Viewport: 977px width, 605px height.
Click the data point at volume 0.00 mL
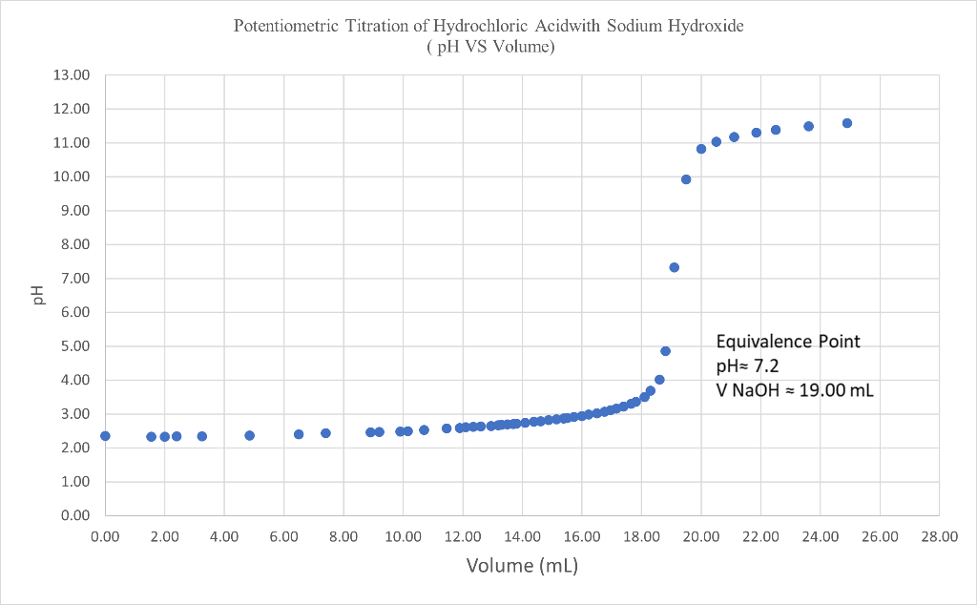pos(105,436)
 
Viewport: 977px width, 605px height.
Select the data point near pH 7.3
pos(674,267)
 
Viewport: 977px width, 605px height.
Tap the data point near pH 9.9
pos(686,179)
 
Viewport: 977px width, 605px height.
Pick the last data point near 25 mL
pos(847,123)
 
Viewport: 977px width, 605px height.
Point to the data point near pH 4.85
pos(665,351)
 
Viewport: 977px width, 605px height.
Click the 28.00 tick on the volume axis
pos(939,537)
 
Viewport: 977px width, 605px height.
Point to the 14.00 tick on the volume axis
pos(522,537)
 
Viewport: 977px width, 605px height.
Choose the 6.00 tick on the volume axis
pos(283,537)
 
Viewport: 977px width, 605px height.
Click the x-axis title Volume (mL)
pos(522,566)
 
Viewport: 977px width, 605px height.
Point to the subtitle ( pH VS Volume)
pos(489,46)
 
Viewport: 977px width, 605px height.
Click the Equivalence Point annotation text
pos(787,342)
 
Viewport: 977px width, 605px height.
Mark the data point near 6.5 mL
pos(299,434)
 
